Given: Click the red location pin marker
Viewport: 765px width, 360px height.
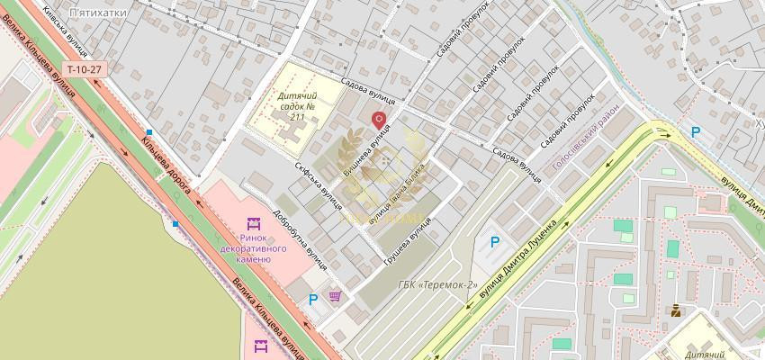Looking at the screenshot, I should tap(379, 119).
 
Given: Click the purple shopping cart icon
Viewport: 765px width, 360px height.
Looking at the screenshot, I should tap(336, 296).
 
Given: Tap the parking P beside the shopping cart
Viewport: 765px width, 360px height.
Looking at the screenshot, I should tap(313, 301).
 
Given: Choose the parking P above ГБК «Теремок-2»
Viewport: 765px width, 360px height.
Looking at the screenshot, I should tap(493, 241).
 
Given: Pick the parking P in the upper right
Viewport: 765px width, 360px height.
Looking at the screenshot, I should tap(695, 131).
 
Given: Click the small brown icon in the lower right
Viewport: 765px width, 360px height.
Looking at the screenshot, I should tap(675, 311).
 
